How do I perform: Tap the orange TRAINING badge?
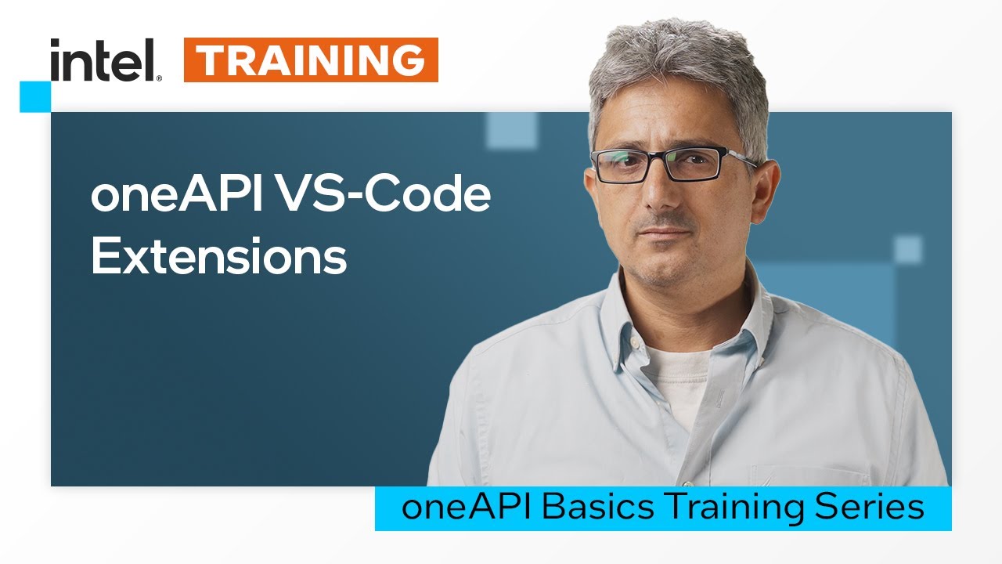tap(311, 60)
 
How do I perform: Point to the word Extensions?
tap(218, 255)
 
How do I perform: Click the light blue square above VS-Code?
tap(511, 130)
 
